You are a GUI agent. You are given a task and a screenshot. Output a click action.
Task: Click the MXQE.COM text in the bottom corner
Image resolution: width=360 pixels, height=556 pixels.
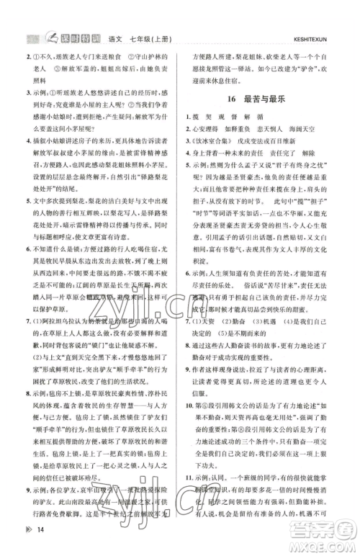(328, 545)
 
